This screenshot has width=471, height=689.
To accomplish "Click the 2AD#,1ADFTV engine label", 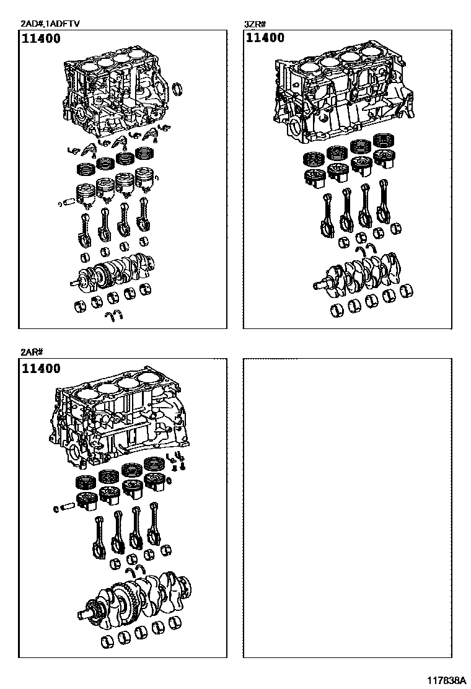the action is pos(50,24).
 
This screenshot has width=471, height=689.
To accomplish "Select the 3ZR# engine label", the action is pos(255,24).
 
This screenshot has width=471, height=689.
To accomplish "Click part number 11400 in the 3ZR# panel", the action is pos(265,38).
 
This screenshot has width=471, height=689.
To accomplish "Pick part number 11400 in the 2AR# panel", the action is pos(42,369).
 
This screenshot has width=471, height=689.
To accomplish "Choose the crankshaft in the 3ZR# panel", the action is pos(359,273).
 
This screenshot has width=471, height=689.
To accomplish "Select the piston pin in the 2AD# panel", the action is pos(68,201).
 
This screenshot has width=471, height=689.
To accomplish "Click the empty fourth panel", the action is pos(347,508).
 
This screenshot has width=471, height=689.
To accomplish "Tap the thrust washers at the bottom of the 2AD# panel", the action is pos(112,317).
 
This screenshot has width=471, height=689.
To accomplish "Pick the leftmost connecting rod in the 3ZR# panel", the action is pos(327,214).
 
